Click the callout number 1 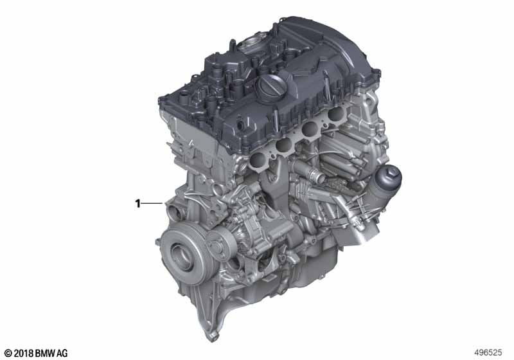click(138, 204)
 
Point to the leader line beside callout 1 click(152, 204)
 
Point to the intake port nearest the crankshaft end click(258, 161)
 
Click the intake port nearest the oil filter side click(336, 114)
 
